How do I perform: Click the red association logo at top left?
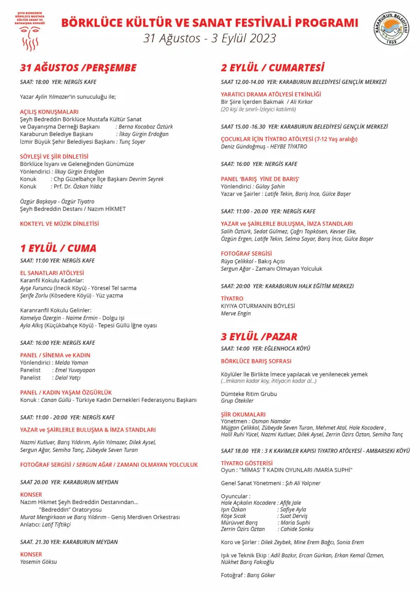30,29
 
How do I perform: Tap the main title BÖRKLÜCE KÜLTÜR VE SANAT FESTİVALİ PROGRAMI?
209,23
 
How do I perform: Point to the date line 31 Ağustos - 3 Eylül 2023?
209,38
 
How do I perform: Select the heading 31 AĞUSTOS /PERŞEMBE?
78,68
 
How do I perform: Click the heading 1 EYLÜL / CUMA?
58,248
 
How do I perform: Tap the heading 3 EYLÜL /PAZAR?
259,337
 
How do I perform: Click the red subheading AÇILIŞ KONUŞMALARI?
49,111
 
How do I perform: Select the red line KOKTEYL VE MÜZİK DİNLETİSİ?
59,223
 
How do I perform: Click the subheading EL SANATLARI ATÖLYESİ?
52,272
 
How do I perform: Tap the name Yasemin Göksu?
38,562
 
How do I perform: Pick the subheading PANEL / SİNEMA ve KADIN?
55,355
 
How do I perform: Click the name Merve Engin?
236,314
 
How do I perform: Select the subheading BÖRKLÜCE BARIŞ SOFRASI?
256,362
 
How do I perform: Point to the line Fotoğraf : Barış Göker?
248,575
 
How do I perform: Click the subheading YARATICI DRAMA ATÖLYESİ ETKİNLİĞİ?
271,94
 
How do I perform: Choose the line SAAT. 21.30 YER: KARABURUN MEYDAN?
69,542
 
